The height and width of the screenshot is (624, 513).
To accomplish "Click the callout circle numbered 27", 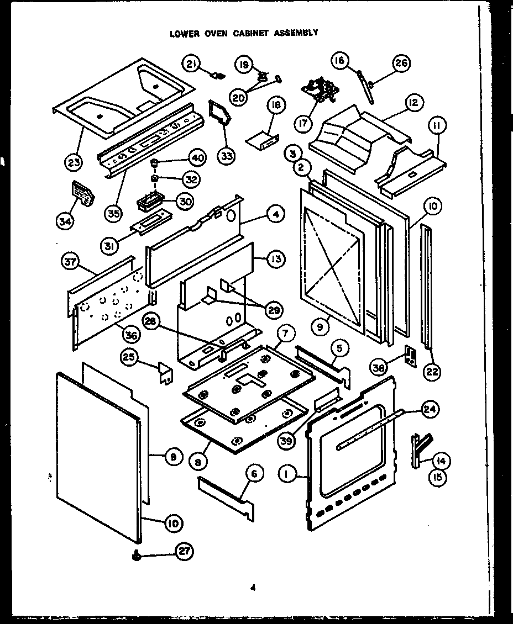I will [185, 551].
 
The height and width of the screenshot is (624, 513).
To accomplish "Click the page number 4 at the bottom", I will [252, 588].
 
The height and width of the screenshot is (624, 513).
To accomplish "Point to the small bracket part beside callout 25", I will [164, 372].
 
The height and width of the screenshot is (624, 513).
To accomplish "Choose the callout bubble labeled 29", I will [273, 310].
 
